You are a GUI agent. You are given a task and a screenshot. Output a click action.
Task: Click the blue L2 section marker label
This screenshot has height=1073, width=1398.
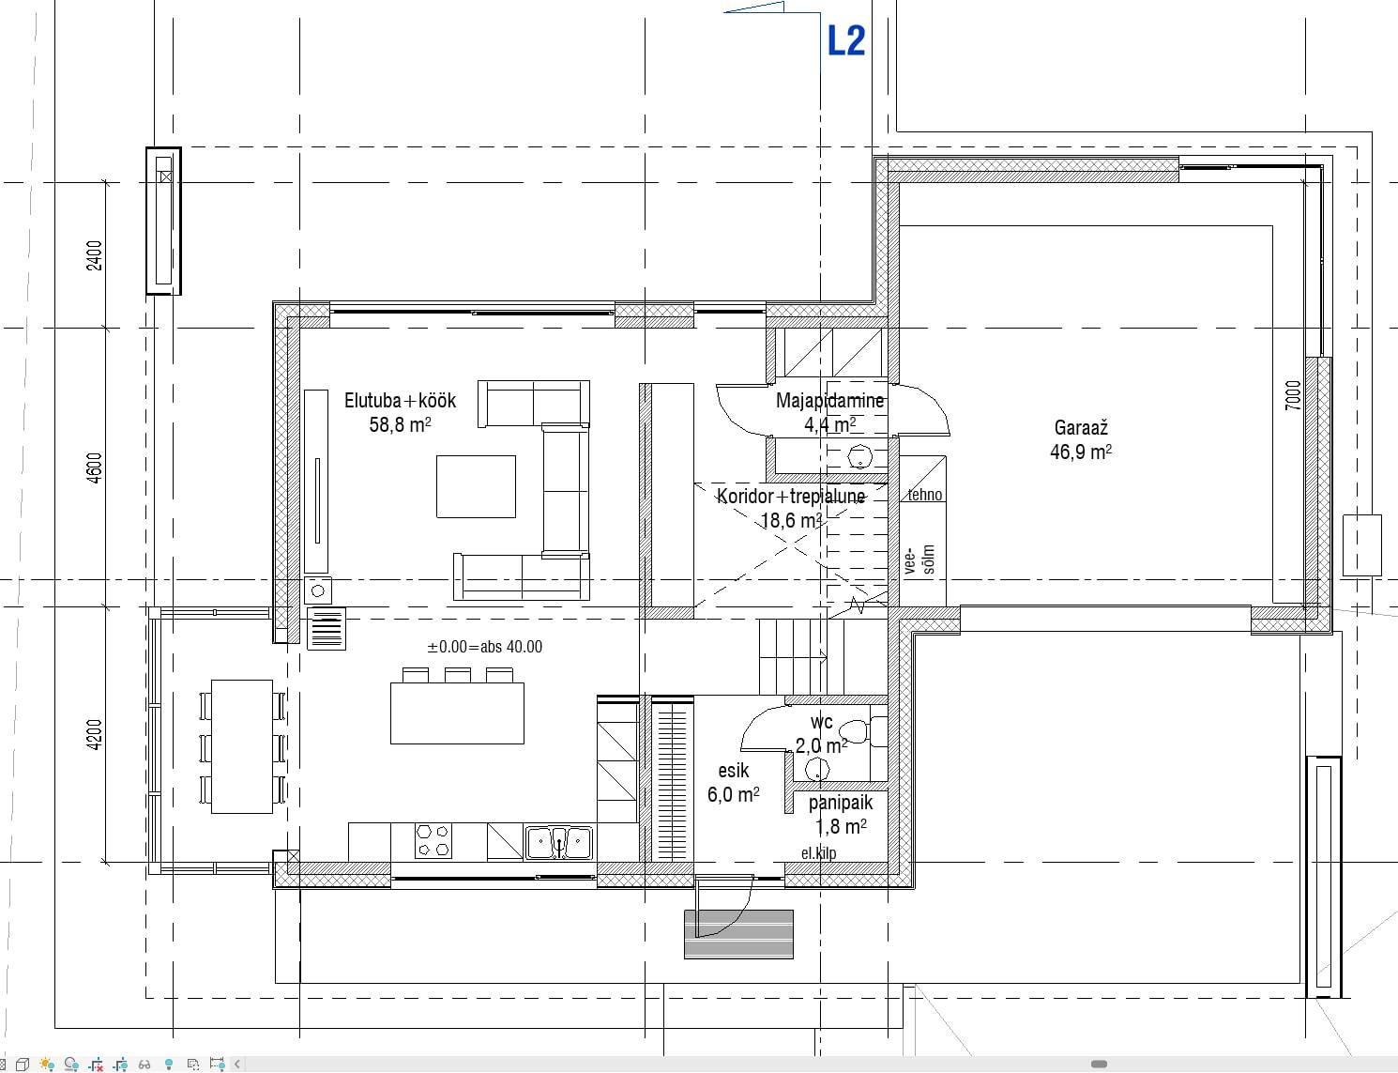pos(846,41)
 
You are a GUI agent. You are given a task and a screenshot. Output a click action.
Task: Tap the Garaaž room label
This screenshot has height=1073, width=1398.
pos(1081,427)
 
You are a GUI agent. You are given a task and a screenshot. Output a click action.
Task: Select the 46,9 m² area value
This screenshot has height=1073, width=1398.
pos(1081,452)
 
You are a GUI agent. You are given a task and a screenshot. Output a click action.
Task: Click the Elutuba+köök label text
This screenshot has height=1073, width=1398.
pos(400,400)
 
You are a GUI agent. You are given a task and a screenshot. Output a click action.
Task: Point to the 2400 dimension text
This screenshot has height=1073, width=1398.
pos(95,255)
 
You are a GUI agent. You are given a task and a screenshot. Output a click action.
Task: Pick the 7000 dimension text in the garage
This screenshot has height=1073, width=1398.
pos(1293,394)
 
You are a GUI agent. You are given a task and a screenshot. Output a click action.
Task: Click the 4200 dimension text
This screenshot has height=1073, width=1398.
pos(95,734)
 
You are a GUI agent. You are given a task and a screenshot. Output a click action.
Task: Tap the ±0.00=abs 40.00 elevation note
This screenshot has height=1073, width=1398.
pos(484,646)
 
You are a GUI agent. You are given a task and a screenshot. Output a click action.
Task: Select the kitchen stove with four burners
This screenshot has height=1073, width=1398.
pos(433,840)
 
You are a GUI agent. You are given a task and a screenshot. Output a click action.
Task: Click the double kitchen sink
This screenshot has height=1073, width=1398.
pos(559,843)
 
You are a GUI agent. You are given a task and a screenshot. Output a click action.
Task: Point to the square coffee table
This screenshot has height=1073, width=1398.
pos(476,486)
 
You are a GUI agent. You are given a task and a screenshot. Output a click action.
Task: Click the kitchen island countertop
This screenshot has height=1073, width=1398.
pos(458,713)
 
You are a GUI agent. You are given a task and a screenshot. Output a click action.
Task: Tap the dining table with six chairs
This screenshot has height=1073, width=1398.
pos(242,746)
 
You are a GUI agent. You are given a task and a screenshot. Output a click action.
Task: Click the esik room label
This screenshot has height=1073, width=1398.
pos(734,771)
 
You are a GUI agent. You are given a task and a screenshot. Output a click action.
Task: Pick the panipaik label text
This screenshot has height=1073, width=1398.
pos(841,803)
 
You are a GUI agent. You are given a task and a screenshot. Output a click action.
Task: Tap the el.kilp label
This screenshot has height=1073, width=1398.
pos(818,853)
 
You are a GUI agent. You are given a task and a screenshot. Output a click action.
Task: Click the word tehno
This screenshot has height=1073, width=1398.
pos(925,495)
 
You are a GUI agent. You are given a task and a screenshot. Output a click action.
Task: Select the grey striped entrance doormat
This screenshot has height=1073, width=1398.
pos(738,934)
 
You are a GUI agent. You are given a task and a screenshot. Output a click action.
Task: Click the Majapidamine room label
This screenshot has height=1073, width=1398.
pos(830,400)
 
